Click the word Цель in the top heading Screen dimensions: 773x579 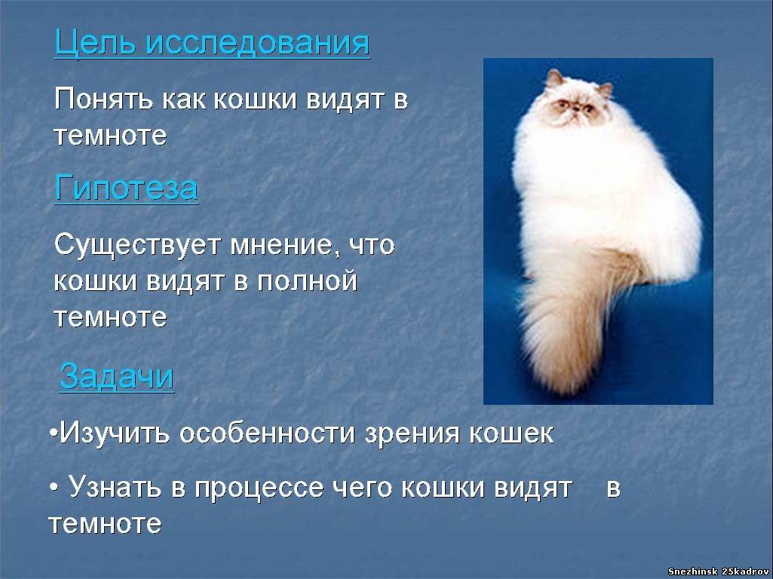click(94, 43)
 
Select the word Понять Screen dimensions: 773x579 click(103, 99)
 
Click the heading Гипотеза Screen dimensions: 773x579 click(126, 188)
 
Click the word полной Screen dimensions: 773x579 click(307, 281)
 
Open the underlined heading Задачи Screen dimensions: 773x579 click(117, 377)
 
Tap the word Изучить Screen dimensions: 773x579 click(115, 433)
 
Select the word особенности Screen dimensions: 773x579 click(267, 433)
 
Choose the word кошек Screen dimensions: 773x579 click(511, 433)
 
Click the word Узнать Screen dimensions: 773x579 click(115, 487)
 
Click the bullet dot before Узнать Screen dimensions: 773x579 click(54, 487)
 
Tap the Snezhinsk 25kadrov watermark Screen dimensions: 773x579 click(718, 571)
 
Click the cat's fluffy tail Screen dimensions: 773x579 click(572, 320)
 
